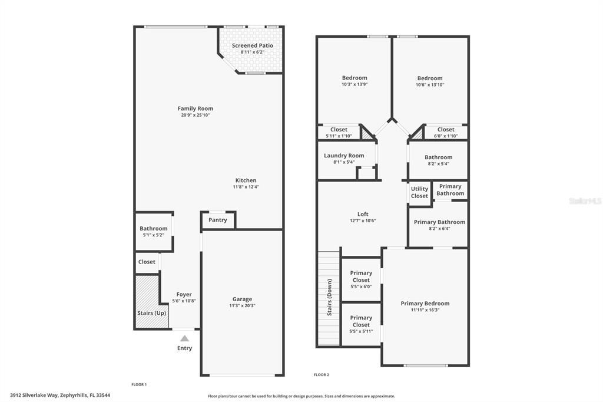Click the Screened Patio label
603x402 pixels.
tap(252, 45)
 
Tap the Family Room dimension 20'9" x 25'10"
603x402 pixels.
tap(196, 116)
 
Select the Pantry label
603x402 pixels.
tap(217, 220)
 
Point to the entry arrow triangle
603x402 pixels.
tap(184, 338)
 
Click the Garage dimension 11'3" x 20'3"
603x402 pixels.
tap(242, 306)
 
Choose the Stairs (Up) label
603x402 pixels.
tap(151, 313)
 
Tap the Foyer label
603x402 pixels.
tap(184, 294)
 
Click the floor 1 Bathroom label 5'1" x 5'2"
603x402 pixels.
tap(153, 229)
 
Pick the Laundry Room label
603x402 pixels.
tap(344, 156)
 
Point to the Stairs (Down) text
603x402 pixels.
tap(329, 297)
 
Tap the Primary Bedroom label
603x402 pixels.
tap(425, 304)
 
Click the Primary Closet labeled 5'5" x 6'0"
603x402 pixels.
tap(361, 276)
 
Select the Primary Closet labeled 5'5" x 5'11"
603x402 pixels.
tap(361, 321)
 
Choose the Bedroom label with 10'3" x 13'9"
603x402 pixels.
tap(354, 78)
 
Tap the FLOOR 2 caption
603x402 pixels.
tap(321, 375)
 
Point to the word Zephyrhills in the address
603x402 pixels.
tap(77, 396)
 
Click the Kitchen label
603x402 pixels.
tap(246, 180)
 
